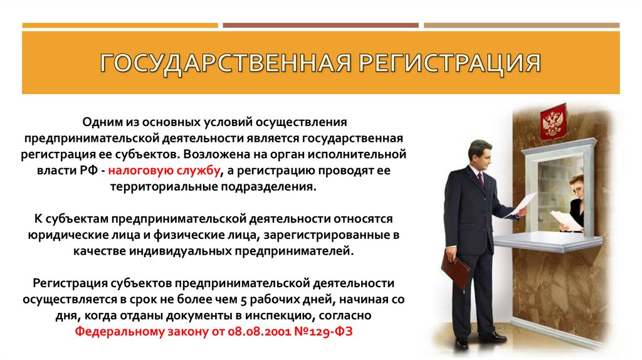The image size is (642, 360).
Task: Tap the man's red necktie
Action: point(480,179)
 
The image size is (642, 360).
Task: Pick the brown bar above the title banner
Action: point(320,26)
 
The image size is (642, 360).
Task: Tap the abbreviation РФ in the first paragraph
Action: point(92,170)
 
